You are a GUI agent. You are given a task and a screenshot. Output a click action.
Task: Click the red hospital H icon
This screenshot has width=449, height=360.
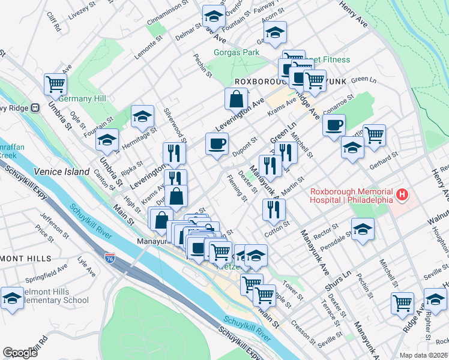point(402,196)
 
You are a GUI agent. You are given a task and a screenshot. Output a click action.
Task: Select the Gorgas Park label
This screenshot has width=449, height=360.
point(237,53)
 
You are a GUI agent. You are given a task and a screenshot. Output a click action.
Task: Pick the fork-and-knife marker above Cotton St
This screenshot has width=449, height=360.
point(274,208)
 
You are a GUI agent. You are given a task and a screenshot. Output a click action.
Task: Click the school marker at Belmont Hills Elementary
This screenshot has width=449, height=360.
point(12,298)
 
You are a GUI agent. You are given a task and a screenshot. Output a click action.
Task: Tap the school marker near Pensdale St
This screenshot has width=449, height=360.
point(363,230)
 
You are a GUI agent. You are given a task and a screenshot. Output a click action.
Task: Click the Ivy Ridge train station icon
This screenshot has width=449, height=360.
point(35,108)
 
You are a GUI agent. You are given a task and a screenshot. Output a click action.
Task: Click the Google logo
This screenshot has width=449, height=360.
point(20,352)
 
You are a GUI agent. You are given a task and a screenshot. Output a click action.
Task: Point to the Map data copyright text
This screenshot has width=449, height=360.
point(424,355)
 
